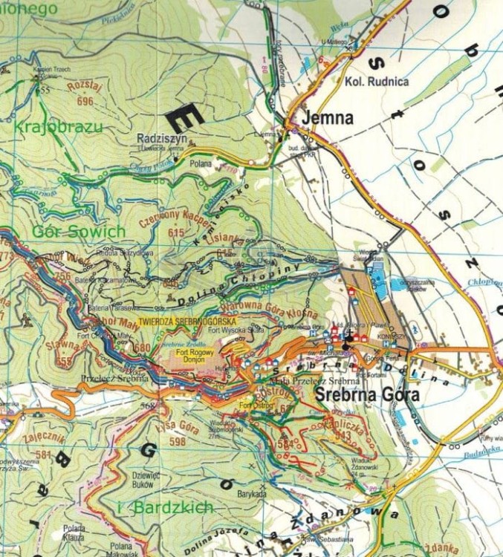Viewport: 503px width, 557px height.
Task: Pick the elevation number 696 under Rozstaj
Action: [x=85, y=101]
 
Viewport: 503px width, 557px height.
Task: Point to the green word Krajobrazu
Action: [x=57, y=127]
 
